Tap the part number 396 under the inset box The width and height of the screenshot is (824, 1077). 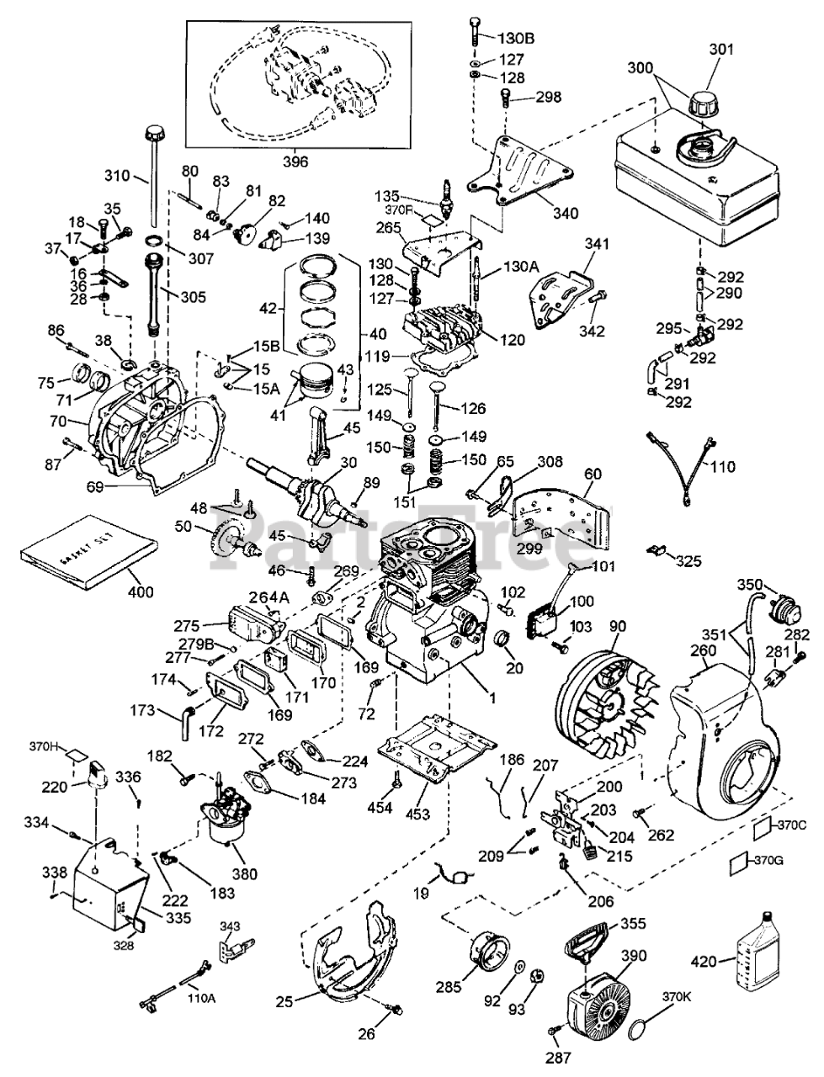pyautogui.click(x=274, y=161)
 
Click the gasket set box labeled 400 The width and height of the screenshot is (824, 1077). pyautogui.click(x=88, y=549)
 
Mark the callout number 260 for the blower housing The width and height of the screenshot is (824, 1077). pyautogui.click(x=704, y=650)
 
